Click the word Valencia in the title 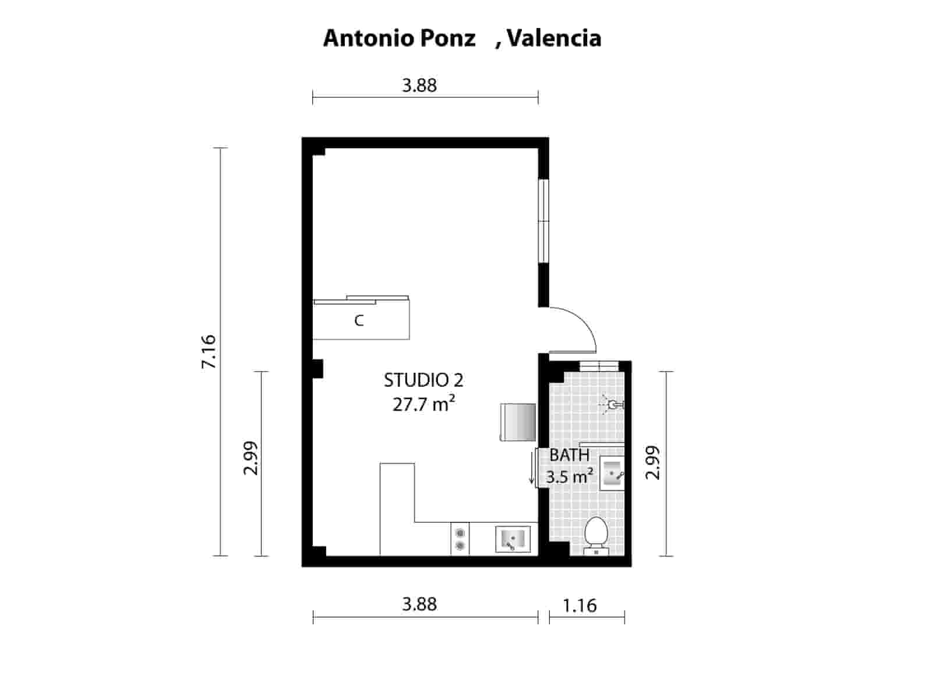[x=554, y=38]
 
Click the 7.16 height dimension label [x=209, y=351]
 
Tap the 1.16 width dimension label [x=580, y=606]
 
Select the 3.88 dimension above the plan [x=419, y=86]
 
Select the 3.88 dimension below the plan [x=419, y=604]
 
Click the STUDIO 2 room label [x=423, y=380]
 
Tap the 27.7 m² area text [x=423, y=404]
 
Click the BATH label [x=570, y=455]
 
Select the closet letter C [x=359, y=320]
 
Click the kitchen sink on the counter [x=512, y=539]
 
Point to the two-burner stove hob [x=460, y=539]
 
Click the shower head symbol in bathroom [x=612, y=404]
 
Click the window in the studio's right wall [x=543, y=221]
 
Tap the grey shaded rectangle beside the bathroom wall [x=517, y=422]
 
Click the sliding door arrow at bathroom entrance [x=532, y=468]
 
